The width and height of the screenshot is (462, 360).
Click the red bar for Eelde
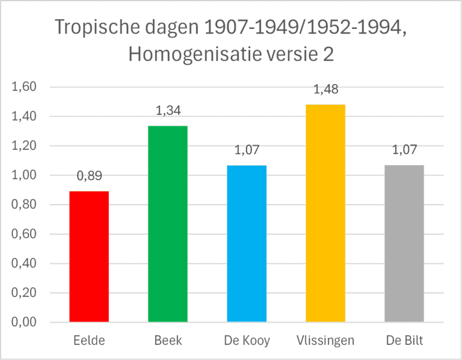pos(89,256)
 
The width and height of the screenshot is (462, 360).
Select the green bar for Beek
pos(168,224)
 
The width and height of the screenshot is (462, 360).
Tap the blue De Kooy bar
pos(247,243)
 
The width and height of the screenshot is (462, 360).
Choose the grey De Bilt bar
pos(404,243)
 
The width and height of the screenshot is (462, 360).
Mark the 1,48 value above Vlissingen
pos(325,89)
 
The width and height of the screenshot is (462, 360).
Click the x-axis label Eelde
pos(89,341)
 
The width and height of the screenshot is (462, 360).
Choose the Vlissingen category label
pos(325,341)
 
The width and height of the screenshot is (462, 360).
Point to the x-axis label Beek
pos(168,341)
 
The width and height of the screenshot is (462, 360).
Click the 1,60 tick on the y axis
pos(25,87)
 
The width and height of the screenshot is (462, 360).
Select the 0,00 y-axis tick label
pos(25,323)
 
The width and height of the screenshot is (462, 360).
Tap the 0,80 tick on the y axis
pos(25,205)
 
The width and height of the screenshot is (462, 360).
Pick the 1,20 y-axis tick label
pos(25,146)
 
